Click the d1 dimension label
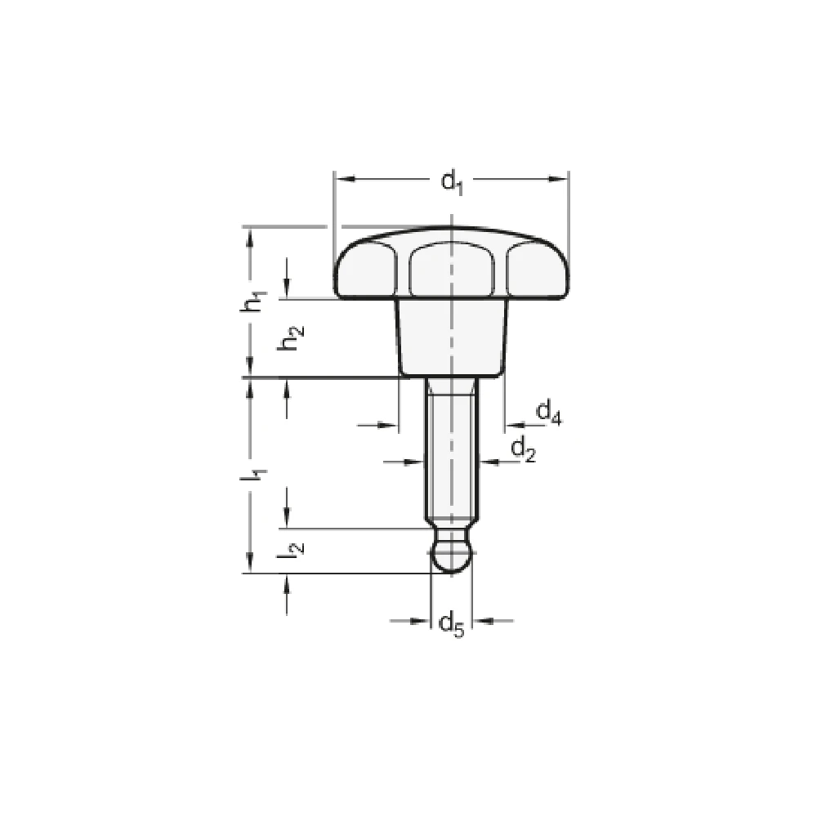pos(452,181)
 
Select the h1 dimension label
pos(257,301)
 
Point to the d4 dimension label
pos(548,413)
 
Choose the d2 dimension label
pos(522,448)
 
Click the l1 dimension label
pos(257,475)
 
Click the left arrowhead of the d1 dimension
pos(342,177)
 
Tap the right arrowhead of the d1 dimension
pos(561,177)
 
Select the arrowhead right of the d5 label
pos(482,621)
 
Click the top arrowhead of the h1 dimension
pos(250,234)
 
